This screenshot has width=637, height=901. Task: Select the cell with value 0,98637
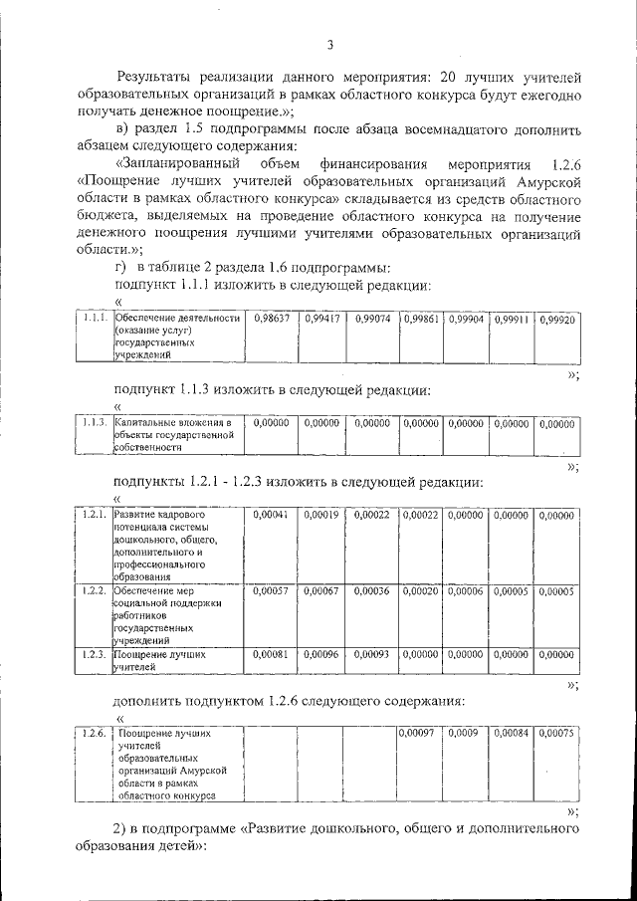click(x=271, y=319)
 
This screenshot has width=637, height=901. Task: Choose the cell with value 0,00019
click(x=320, y=515)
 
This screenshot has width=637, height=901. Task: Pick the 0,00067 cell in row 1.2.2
click(x=320, y=590)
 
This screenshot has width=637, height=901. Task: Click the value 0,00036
click(x=371, y=590)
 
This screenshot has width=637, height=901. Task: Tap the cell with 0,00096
click(x=320, y=655)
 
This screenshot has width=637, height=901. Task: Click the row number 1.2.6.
click(x=95, y=733)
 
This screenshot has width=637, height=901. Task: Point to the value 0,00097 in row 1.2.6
click(x=418, y=733)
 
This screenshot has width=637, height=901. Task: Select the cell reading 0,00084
click(x=513, y=733)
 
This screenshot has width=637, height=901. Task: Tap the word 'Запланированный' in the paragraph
click(x=175, y=163)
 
